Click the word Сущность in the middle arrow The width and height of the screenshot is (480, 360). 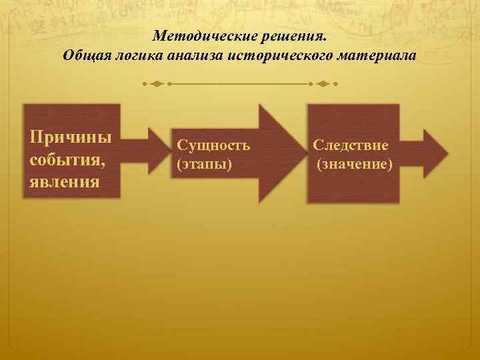(213, 145)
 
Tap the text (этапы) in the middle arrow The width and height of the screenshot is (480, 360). (204, 163)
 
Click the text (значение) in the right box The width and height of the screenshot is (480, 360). (354, 163)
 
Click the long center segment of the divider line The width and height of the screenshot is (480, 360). (240, 85)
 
